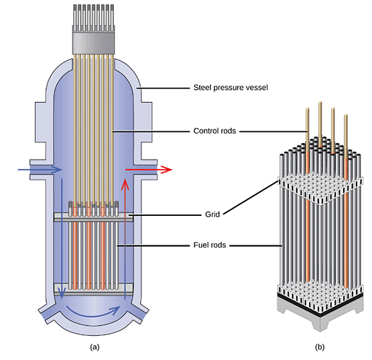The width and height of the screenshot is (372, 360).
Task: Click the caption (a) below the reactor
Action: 95,347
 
